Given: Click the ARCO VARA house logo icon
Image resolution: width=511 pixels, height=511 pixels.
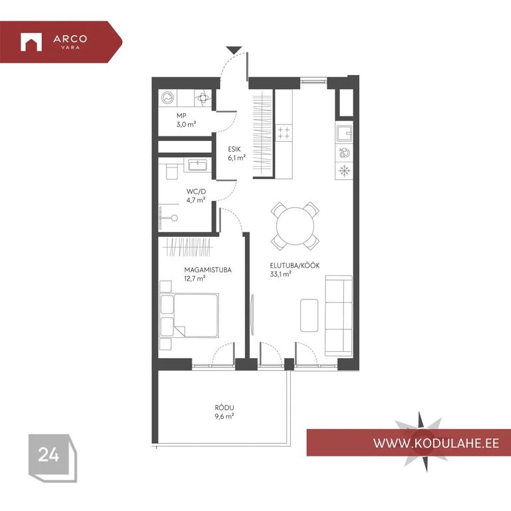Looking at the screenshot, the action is point(31,42).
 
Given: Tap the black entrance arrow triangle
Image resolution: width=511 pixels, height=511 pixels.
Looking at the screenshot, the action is point(234,50).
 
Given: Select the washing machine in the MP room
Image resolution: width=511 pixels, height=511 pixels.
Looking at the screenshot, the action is point(168,97).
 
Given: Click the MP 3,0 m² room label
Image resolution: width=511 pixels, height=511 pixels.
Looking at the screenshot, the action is point(186,120).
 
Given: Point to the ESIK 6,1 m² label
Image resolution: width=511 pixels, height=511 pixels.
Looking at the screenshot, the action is point(237,154).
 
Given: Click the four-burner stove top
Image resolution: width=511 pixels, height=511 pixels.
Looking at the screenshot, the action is point(283,132).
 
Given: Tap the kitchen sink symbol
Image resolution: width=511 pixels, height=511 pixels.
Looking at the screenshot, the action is point(344,134).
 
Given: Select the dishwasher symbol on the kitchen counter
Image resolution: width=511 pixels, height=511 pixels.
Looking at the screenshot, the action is point(344,152).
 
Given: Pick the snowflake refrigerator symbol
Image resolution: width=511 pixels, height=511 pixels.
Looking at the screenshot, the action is point(344,170).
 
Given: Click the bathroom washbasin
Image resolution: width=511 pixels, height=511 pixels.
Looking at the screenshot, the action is point(197,165).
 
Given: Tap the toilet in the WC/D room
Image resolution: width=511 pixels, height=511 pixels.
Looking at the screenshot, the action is point(172,172).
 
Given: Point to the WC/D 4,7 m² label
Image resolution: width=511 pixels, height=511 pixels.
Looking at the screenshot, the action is point(196,196).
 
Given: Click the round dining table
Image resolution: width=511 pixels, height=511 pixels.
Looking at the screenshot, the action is point(295,226).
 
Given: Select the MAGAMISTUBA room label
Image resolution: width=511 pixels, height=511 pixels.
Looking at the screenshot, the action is point(208,270).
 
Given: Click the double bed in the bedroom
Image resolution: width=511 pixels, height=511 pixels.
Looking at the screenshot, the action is point(189,315).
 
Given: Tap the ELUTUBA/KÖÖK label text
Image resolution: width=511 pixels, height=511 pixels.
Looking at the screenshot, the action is point(295,265).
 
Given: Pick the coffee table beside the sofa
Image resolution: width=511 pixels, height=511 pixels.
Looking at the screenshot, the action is point(309,315).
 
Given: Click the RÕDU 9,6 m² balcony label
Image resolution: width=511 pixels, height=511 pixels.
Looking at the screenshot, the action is point(224,412).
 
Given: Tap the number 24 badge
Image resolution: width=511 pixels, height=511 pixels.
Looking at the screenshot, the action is point(49,454).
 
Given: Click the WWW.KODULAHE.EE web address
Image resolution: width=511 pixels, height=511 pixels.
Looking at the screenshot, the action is point(436,443).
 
